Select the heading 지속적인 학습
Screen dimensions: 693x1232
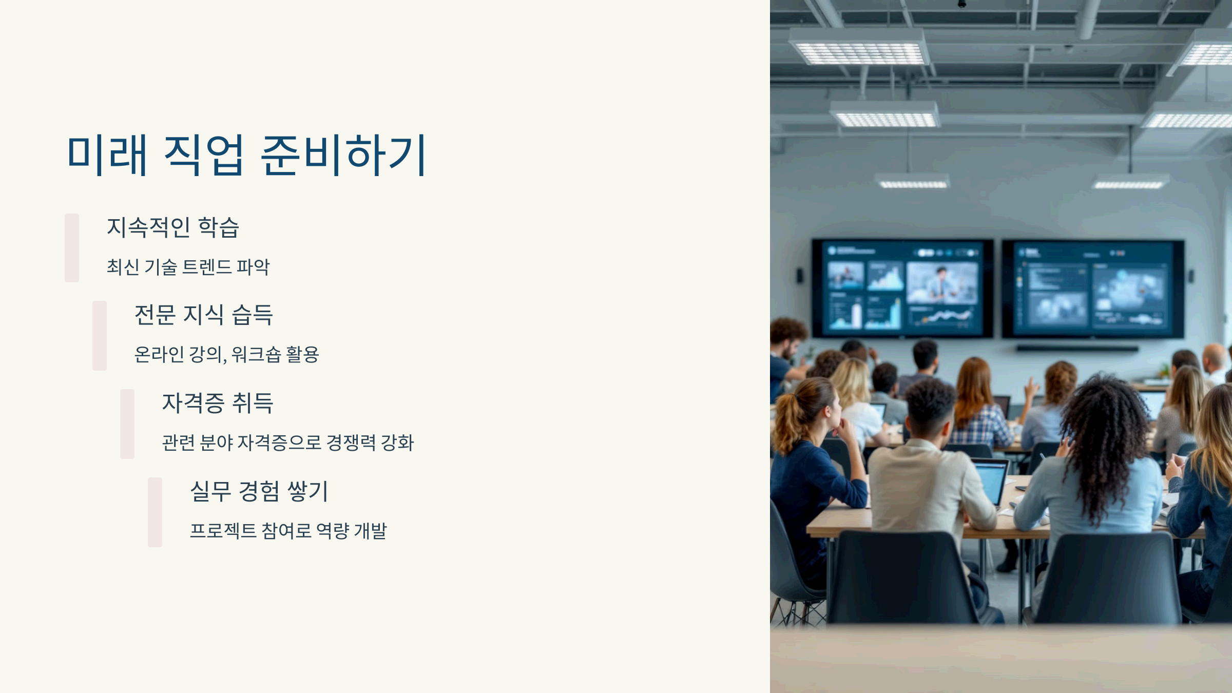click(173, 227)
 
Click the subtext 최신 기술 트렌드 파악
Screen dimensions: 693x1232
click(188, 267)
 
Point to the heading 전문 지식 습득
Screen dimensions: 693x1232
click(203, 315)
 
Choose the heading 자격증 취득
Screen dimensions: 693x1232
click(218, 403)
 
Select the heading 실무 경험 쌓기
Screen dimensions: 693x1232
click(259, 491)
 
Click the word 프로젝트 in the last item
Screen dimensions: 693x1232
click(223, 531)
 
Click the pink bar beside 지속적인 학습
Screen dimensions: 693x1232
click(72, 248)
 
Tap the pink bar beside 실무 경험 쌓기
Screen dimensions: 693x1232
click(155, 512)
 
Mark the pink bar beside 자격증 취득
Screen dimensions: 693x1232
click(127, 423)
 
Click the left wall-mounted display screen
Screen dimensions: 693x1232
click(902, 288)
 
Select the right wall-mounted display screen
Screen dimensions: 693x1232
click(1093, 288)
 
